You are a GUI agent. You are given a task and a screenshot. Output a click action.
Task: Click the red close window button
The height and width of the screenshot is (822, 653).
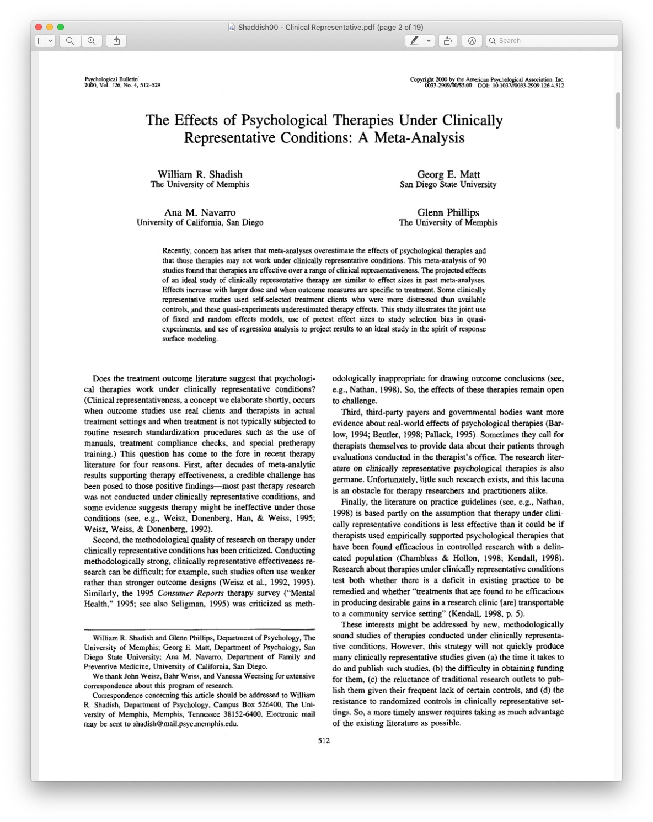[39, 27]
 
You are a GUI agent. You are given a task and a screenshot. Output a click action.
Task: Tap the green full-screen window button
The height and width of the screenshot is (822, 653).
[61, 27]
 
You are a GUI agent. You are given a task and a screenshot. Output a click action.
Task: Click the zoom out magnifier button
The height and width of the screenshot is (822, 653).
[70, 41]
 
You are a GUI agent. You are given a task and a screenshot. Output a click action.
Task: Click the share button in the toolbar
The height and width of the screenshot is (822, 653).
[116, 41]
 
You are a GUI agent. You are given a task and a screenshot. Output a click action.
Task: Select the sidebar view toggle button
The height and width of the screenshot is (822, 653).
[45, 41]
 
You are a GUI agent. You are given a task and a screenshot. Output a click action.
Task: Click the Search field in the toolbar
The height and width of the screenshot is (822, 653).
[552, 41]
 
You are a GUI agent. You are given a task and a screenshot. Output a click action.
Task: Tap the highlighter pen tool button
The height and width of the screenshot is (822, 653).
[414, 41]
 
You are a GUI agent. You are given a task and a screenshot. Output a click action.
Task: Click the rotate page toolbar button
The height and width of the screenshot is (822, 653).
[448, 41]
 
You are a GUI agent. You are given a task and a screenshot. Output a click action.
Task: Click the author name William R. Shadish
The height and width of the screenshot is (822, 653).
[200, 174]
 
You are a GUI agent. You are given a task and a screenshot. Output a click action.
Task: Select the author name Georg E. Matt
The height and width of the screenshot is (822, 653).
[448, 174]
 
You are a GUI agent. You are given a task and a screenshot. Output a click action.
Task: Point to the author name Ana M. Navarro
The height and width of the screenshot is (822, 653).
[200, 212]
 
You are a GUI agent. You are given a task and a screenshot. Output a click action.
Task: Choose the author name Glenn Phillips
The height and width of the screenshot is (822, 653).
[448, 212]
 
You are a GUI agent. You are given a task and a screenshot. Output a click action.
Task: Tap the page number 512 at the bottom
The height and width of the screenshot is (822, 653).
[324, 740]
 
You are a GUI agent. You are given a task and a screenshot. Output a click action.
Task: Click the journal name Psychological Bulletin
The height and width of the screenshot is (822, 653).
[111, 79]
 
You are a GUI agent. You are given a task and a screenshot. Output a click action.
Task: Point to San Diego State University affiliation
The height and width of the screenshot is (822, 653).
[448, 185]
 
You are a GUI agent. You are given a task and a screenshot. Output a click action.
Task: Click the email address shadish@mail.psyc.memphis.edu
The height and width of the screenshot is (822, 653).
[185, 724]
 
